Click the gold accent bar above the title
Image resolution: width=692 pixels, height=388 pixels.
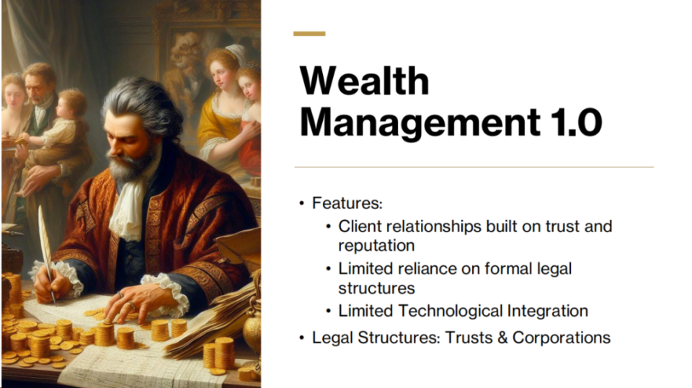coord(309,34)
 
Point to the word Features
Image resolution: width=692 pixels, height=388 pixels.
coord(347,203)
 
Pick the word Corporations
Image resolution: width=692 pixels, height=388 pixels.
coord(562,338)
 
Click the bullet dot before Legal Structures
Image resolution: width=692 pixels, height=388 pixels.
coord(302,338)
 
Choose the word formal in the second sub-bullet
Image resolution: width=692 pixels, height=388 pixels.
coord(508,268)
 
